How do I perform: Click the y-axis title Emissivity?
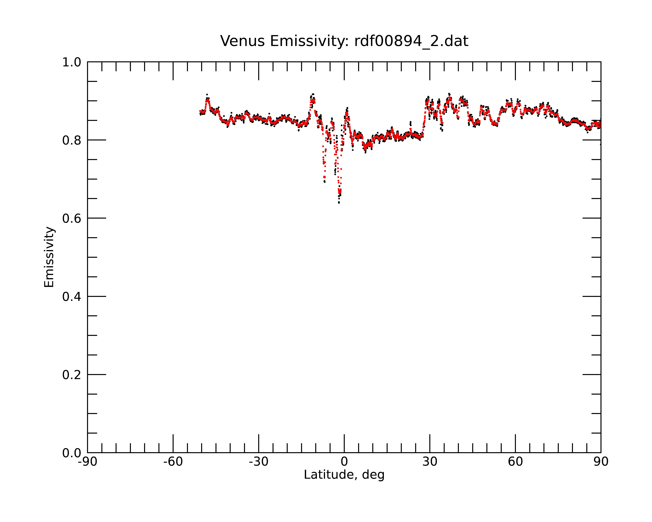click(x=49, y=257)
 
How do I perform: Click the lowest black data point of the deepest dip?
click(x=339, y=203)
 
